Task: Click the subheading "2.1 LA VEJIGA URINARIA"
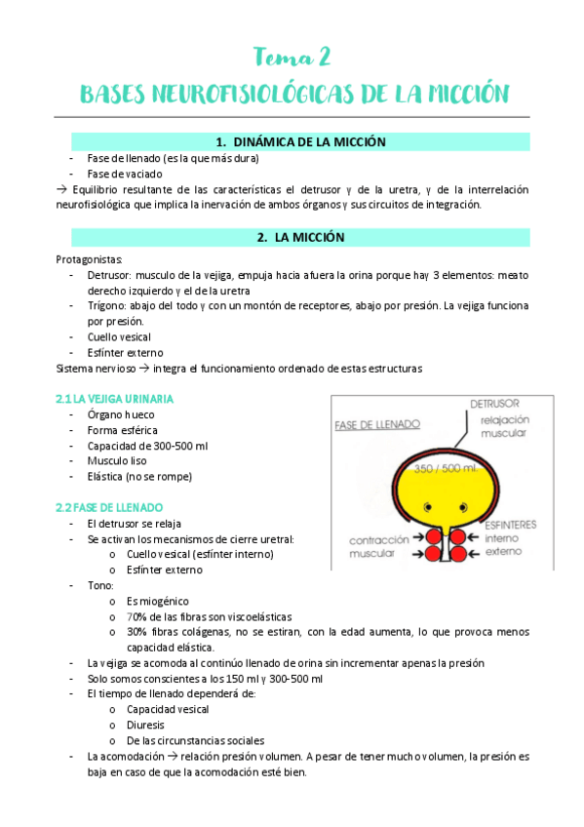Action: tap(116, 398)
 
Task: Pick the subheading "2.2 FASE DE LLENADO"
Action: tap(109, 507)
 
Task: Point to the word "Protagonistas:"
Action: tap(90, 259)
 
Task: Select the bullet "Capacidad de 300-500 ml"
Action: tap(147, 445)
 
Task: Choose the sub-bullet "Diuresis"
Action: tap(145, 725)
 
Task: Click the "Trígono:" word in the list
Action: tap(108, 305)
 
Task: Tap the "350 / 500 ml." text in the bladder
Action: tap(442, 469)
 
